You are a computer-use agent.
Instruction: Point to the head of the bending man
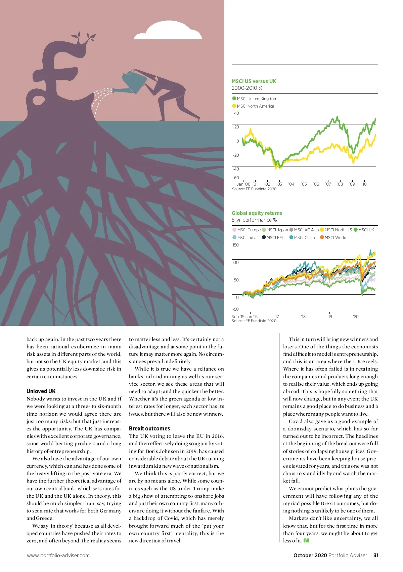point(156,79)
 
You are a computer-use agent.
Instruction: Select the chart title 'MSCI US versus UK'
point(254,81)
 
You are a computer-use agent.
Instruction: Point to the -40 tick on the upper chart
point(236,169)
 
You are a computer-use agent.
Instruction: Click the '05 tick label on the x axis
point(304,184)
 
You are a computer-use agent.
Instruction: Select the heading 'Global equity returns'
point(257,213)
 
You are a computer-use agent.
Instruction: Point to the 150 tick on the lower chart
point(235,245)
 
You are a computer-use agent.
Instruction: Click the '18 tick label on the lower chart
point(303,316)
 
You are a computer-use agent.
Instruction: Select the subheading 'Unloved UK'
point(41,391)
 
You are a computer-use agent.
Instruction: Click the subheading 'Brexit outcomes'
point(149,428)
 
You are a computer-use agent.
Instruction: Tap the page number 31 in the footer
point(376,555)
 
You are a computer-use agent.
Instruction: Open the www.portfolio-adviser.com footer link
point(58,555)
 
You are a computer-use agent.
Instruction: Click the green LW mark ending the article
point(306,540)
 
